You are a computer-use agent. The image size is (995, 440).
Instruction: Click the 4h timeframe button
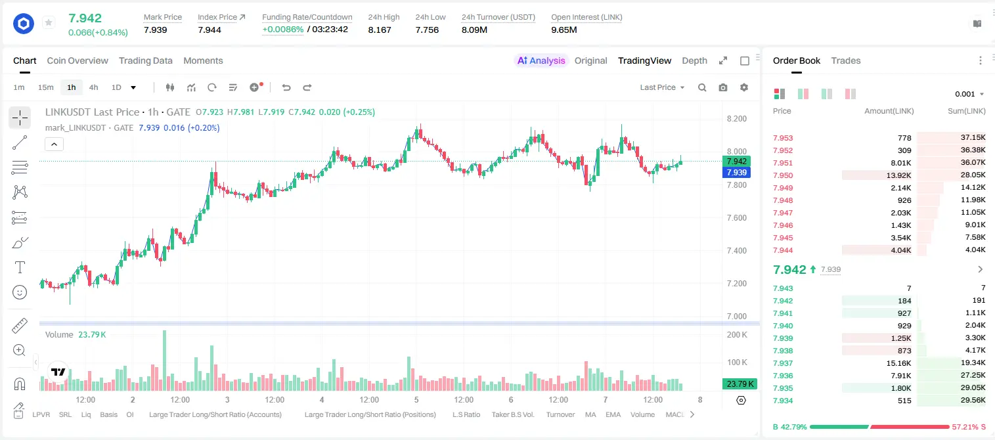click(93, 87)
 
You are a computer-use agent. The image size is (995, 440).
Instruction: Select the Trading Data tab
click(146, 60)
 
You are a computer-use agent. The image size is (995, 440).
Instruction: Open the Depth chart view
click(694, 60)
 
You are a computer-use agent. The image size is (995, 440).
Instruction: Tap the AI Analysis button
click(541, 60)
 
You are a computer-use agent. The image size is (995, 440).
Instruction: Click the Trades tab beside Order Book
click(846, 60)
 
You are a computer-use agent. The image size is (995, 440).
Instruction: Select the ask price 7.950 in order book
click(783, 175)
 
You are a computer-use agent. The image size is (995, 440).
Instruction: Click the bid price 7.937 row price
click(783, 363)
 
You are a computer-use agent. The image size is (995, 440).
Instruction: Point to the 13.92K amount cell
click(898, 175)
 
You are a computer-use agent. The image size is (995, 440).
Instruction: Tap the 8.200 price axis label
click(737, 119)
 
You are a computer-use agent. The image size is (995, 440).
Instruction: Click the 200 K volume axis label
click(737, 335)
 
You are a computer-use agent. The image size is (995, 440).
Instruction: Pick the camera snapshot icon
click(723, 87)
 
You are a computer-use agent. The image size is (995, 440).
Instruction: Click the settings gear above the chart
click(744, 87)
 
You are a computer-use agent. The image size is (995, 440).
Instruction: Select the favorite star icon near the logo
click(49, 22)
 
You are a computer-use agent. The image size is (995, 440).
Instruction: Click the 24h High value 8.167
click(380, 30)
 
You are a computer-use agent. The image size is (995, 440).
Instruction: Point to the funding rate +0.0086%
click(283, 30)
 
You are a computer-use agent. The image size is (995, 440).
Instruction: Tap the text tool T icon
click(20, 267)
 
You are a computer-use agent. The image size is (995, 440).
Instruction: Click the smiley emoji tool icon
click(20, 292)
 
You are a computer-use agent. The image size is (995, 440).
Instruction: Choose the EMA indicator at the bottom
click(613, 414)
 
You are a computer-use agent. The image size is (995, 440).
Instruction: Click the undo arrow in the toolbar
click(286, 87)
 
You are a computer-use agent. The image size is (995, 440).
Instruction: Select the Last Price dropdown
click(662, 87)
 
